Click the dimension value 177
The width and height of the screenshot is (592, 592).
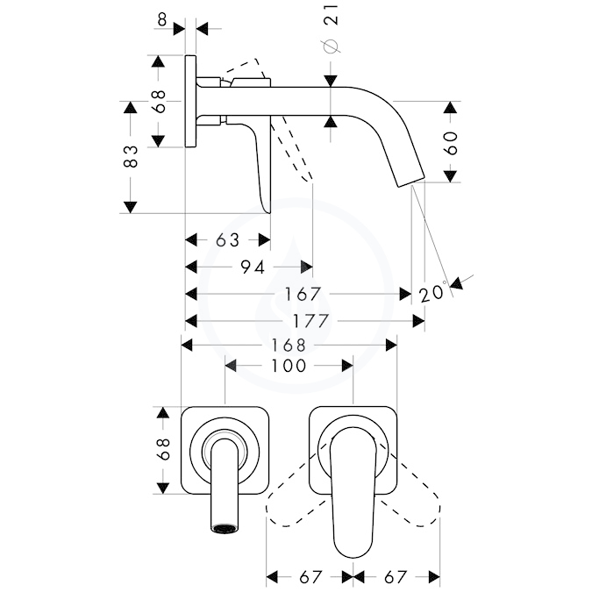pos(310,321)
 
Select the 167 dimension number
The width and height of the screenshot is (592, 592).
pos(303,294)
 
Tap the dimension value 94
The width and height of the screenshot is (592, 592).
pos(253,267)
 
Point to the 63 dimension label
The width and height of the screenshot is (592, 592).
pos(228,240)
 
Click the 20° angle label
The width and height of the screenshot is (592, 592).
pos(433,292)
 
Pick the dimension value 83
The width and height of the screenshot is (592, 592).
pos(131,156)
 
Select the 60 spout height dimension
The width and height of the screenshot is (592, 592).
pos(451,143)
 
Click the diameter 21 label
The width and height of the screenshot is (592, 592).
pos(330,28)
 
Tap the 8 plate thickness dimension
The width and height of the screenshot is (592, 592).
pos(162,19)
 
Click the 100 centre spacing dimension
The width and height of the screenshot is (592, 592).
pos(289,366)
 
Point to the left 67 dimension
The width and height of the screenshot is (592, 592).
pos(310,577)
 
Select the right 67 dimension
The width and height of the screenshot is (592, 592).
pos(396,577)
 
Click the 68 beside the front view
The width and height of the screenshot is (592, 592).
pos(163,449)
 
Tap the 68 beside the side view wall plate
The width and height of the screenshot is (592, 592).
pos(159,101)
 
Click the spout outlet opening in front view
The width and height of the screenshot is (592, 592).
pos(225,528)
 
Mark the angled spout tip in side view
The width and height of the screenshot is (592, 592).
pos(410,181)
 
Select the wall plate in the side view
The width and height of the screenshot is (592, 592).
pos(190,101)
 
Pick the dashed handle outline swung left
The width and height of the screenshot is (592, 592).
pos(296,491)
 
